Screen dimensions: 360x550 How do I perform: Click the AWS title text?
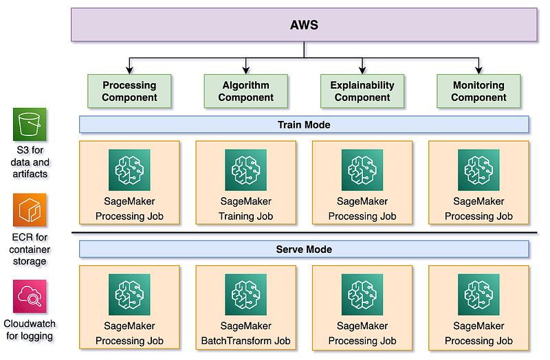304,26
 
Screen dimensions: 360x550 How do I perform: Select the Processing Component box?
129,91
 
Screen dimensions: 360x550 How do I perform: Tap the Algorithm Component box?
245,91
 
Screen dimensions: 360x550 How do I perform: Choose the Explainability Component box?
362,91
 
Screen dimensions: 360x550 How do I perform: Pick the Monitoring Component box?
478,91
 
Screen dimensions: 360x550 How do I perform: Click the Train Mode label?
304,124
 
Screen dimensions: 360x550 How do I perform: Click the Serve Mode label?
304,249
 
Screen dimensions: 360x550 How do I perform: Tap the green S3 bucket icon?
30,124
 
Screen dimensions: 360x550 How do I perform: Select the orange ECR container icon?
30,210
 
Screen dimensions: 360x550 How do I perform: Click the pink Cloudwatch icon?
30,296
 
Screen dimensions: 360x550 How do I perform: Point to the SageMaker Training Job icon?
245,170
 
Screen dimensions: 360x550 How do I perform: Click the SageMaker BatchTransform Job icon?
245,295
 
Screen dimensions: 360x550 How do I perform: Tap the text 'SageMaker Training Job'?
245,209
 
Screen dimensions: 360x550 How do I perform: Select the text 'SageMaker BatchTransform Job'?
245,333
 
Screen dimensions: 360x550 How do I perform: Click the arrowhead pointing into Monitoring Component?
478,71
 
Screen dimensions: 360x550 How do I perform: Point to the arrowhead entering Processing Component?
129,71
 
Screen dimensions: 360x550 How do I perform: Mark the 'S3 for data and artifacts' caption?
30,163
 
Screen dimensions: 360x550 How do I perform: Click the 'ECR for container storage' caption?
30,249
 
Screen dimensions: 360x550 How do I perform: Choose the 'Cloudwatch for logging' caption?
30,330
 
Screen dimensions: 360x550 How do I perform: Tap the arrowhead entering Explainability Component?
362,71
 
